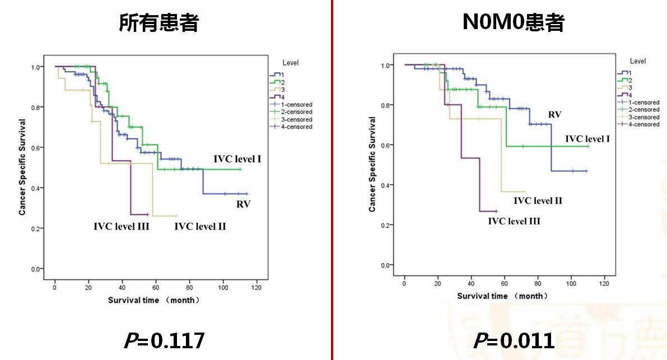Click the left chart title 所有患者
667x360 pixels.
pyautogui.click(x=159, y=23)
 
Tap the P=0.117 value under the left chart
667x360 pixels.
pyautogui.click(x=164, y=340)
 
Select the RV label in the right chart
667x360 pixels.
pyautogui.click(x=554, y=115)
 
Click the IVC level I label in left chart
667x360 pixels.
pyautogui.click(x=237, y=160)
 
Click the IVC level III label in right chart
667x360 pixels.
pyautogui.click(x=514, y=221)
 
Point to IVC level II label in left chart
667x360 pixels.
pyautogui.click(x=200, y=227)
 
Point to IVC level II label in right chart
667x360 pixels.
pyautogui.click(x=538, y=200)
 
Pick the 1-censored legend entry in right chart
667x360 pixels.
pyautogui.click(x=643, y=102)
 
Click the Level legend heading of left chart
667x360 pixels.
pyautogui.click(x=290, y=63)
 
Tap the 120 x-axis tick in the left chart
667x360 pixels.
pyautogui.click(x=256, y=288)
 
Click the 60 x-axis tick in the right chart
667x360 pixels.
pyautogui.click(x=504, y=284)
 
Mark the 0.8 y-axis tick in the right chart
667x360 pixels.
pyautogui.click(x=386, y=105)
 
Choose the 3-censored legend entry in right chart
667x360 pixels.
pyautogui.click(x=643, y=117)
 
